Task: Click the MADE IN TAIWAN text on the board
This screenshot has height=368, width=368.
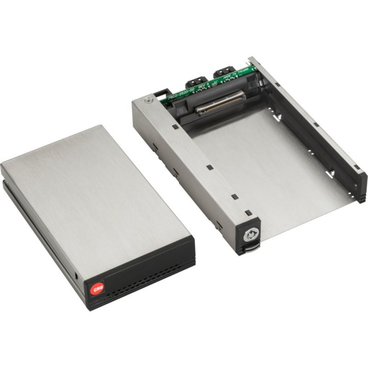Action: coord(237,74)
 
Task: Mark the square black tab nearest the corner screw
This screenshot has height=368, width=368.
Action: coord(173,125)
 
